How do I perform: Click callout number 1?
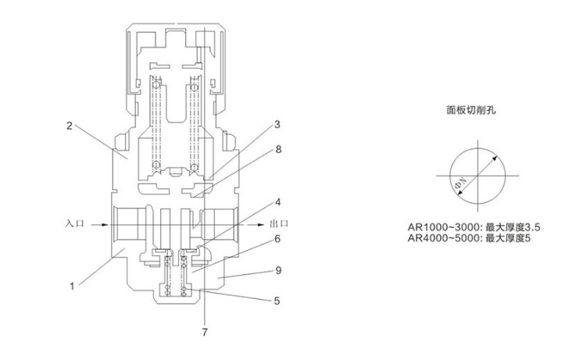(72, 287)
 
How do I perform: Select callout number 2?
(70, 126)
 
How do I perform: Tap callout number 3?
(277, 124)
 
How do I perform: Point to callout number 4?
(278, 202)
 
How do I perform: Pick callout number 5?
(277, 301)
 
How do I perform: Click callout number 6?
(277, 239)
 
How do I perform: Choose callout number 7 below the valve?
(205, 333)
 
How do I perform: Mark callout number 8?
(278, 149)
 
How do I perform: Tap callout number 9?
(278, 270)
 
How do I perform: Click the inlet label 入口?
(75, 223)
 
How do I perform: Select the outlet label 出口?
(279, 223)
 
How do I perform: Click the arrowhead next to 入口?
(105, 225)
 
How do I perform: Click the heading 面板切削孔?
(471, 110)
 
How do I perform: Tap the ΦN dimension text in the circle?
(460, 184)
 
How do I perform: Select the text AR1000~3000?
(443, 227)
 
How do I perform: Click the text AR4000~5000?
(443, 238)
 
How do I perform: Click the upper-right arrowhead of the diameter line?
(495, 159)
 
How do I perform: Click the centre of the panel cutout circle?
(478, 176)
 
